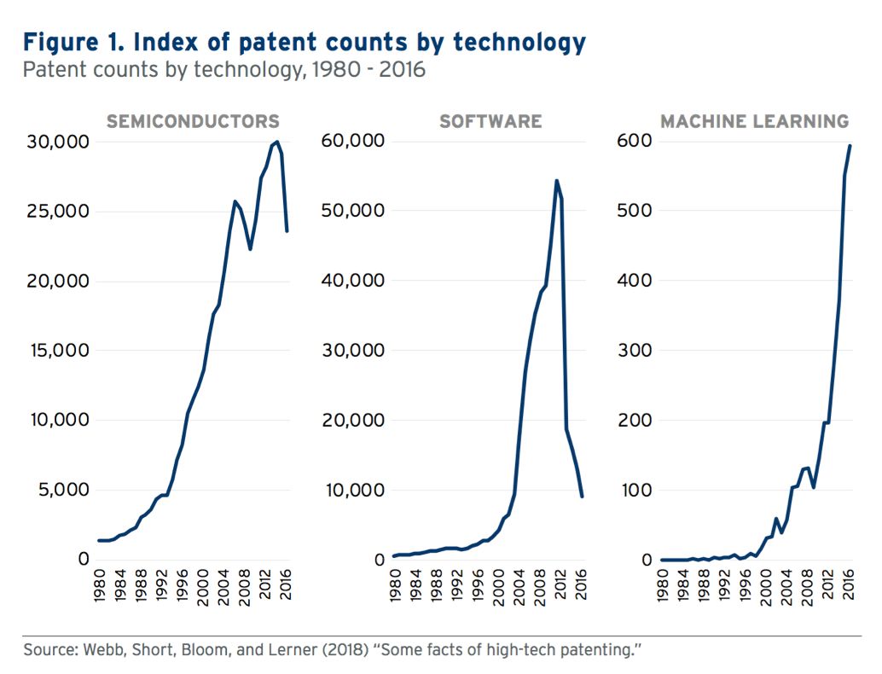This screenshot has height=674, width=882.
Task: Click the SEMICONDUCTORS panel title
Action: [x=193, y=121]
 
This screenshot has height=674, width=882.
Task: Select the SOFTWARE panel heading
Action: [x=490, y=121]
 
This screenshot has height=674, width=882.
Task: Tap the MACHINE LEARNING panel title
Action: [x=755, y=121]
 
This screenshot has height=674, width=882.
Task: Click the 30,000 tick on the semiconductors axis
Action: [x=54, y=142]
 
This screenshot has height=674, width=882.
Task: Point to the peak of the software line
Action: [x=556, y=181]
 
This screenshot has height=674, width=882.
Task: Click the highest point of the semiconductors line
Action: [x=277, y=142]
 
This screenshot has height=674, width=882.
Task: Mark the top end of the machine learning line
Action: [x=850, y=146]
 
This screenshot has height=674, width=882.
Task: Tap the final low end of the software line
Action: [x=583, y=496]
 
